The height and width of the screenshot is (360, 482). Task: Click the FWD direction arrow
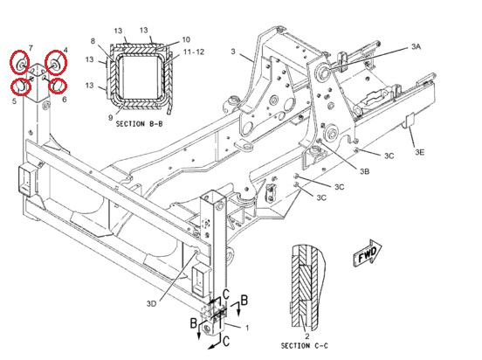click(368, 253)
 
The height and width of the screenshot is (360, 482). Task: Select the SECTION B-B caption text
click(139, 124)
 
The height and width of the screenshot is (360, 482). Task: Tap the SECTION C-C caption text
click(305, 346)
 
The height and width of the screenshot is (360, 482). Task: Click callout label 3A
click(416, 47)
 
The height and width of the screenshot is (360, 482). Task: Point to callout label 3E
click(420, 152)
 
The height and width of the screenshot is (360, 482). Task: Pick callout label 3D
click(151, 304)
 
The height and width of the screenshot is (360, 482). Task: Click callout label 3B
click(365, 171)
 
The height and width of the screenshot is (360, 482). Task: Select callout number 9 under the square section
click(110, 117)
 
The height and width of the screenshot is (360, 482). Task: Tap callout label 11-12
click(194, 52)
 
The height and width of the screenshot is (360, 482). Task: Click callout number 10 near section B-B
click(186, 39)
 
